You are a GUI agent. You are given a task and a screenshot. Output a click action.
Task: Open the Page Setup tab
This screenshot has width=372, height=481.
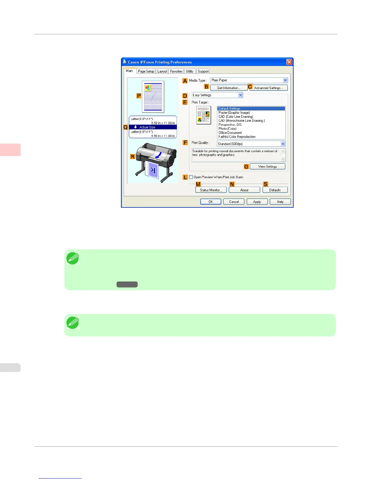click(x=146, y=71)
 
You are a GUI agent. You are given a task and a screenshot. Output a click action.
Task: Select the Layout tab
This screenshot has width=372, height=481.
click(x=162, y=71)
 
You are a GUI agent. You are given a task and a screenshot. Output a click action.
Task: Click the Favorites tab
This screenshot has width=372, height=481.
click(x=176, y=71)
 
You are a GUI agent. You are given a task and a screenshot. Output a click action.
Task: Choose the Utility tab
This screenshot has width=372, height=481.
click(x=190, y=71)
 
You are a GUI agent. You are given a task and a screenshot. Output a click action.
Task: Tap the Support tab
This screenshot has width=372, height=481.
click(x=203, y=71)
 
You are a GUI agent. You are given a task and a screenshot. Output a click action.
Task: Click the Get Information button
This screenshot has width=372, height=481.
click(x=229, y=88)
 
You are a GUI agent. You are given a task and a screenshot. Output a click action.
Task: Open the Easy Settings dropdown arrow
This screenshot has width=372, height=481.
click(x=241, y=95)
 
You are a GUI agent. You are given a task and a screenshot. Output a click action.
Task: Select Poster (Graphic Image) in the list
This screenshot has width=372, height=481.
click(x=234, y=113)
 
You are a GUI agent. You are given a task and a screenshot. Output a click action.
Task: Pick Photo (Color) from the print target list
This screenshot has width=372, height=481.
click(x=227, y=129)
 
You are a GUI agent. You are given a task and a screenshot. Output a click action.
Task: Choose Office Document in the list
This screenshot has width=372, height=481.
click(x=230, y=133)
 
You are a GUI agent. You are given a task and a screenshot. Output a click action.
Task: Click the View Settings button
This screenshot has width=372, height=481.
click(x=267, y=166)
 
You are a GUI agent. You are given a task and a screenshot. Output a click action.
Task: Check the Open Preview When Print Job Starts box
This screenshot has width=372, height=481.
click(x=191, y=177)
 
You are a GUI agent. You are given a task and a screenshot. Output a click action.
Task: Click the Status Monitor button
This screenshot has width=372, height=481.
click(x=211, y=190)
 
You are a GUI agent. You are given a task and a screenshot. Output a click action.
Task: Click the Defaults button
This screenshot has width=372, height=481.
click(x=275, y=190)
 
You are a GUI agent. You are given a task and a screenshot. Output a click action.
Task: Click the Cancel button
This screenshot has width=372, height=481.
click(x=234, y=202)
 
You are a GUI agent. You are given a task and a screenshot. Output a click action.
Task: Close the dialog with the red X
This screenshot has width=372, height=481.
click(x=289, y=62)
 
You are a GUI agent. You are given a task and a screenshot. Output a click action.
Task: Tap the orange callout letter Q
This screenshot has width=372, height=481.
click(x=126, y=127)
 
